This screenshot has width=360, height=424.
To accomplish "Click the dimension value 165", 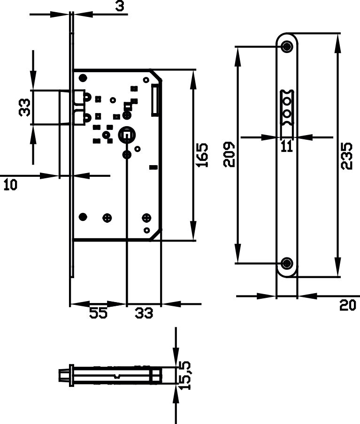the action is [x=202, y=155].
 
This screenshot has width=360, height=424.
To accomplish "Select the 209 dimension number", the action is [x=229, y=154].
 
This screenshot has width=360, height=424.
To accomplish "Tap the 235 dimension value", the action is [x=347, y=156].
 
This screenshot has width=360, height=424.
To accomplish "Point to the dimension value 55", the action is [x=99, y=313].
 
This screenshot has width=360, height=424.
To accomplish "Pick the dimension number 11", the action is [x=287, y=146].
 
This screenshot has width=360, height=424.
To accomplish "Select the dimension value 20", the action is [x=347, y=305].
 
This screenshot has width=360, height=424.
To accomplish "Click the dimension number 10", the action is [x=10, y=185].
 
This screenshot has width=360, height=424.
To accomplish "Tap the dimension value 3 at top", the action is [x=120, y=6].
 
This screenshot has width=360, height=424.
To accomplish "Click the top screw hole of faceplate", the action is [x=287, y=46].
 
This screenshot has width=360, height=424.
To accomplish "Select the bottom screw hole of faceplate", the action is [x=287, y=263].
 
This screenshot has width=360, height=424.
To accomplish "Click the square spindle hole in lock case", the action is [x=126, y=135].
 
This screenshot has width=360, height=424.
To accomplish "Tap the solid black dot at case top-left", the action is [x=83, y=78].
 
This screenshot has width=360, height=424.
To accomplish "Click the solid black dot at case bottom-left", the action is [x=83, y=217].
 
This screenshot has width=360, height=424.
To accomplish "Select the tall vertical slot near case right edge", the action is [x=154, y=100].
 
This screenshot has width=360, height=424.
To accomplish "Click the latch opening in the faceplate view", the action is [x=287, y=107].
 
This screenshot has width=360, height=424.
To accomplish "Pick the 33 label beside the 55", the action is [x=144, y=313].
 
